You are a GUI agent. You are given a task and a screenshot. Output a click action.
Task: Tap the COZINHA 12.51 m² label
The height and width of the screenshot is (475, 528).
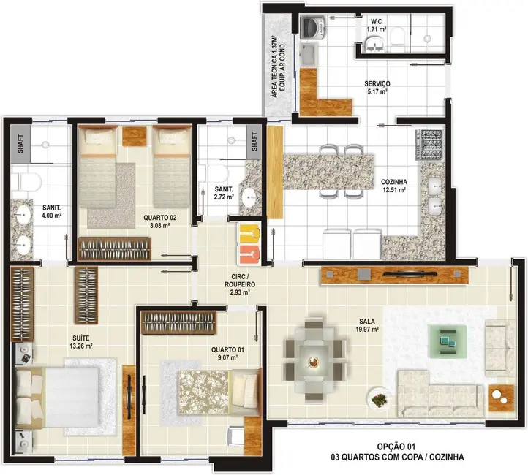(393, 186)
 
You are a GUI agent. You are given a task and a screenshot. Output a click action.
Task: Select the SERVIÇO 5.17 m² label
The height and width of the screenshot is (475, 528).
(377, 88)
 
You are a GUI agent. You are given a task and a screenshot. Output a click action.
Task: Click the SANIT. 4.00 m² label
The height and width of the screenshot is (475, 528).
(51, 210)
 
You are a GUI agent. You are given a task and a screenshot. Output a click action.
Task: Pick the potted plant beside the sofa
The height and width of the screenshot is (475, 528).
(380, 400)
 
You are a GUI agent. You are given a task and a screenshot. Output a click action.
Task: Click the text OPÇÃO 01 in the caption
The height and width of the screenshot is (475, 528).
(396, 445)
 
